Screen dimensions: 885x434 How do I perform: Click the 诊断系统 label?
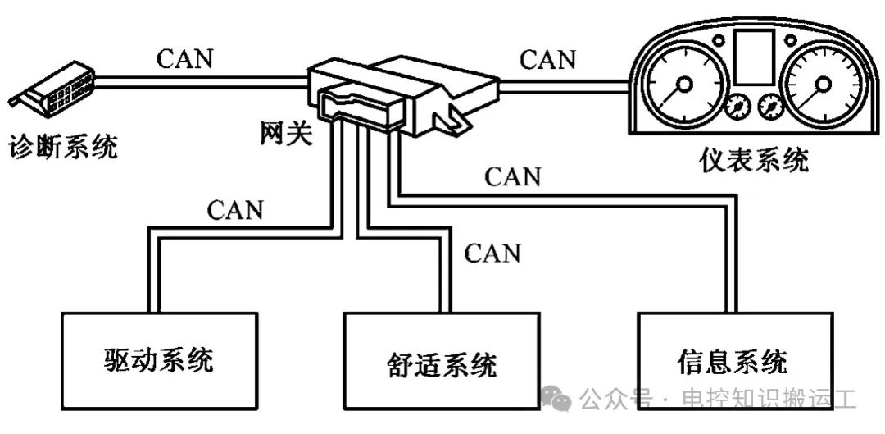coord(62,148)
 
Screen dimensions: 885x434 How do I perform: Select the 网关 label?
coord(286,134)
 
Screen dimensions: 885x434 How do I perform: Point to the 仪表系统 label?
coord(754,160)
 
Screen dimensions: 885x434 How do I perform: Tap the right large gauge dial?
coord(823,85)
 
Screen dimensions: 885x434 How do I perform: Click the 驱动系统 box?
coord(159,361)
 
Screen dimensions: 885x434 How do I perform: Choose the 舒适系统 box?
coord(442,361)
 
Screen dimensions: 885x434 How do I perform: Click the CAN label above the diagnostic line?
coord(185,59)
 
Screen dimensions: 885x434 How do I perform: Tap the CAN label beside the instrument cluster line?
coord(548,59)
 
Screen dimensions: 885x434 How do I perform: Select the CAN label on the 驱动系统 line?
coord(235,210)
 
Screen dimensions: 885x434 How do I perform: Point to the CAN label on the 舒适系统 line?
coord(492,254)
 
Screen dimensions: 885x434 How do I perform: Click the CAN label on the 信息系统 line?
coord(512,177)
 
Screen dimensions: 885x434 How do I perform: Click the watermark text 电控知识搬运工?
coord(769,399)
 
